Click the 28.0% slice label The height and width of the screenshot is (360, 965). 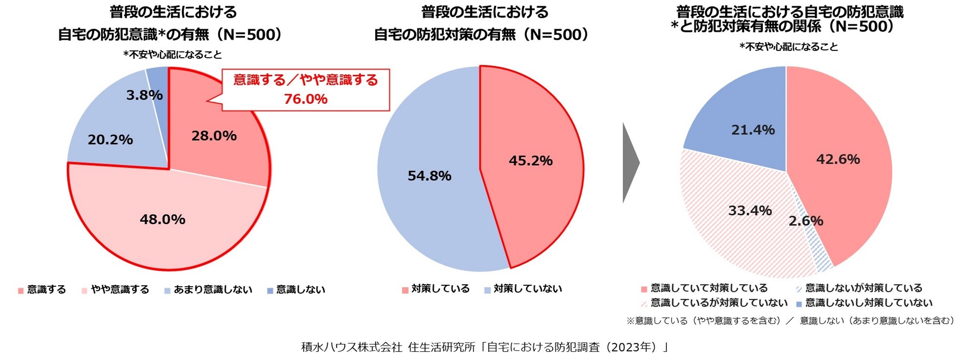coord(214,136)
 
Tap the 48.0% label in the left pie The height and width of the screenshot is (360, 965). coord(162,219)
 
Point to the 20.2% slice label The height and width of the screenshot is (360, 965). coord(110,140)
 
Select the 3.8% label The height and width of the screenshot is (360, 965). coord(144,95)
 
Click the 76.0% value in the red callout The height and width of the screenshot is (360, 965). coord(305,99)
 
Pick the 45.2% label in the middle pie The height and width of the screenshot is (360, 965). coord(530,161)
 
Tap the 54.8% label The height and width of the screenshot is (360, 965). coord(429,176)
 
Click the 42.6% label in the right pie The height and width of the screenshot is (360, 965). coord(838,159)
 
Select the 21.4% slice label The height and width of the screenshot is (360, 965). coord(753,130)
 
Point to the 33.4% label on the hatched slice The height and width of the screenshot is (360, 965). coord(750,210)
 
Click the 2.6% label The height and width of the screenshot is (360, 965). coord(806,221)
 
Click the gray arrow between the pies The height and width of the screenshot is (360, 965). coord(630,163)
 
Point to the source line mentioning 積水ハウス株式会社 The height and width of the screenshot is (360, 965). coord(485,347)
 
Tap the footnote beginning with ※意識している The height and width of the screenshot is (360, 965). coord(791,321)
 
